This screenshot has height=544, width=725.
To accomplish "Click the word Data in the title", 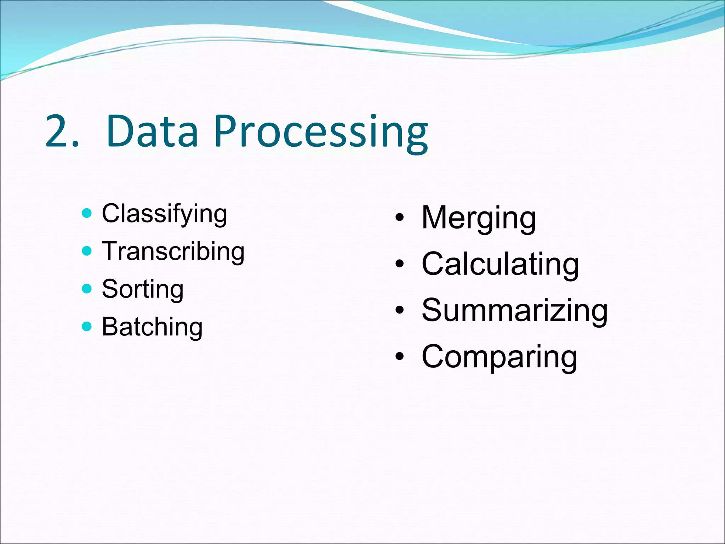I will point(152,131).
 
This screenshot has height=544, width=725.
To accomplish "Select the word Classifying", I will point(164,214).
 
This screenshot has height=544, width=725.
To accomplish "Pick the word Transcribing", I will point(173,251).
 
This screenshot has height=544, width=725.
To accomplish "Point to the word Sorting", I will point(143,289).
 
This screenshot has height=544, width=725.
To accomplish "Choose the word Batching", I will point(152,327).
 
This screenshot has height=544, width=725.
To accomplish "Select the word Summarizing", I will point(514,311).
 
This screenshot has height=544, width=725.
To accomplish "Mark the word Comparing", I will point(499,357).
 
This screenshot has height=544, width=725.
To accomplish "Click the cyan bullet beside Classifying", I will point(87,213).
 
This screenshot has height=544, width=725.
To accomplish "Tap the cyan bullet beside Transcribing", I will point(87,251).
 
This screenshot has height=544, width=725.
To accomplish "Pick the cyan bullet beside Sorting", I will point(87,289).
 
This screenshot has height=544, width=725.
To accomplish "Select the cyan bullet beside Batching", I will point(87,326).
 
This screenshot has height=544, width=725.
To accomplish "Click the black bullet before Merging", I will point(400,218).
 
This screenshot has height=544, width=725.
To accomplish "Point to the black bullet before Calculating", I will point(400,264).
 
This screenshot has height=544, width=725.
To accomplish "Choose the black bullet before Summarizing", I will point(400,310).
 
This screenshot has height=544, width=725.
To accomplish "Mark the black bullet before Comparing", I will point(400,357).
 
